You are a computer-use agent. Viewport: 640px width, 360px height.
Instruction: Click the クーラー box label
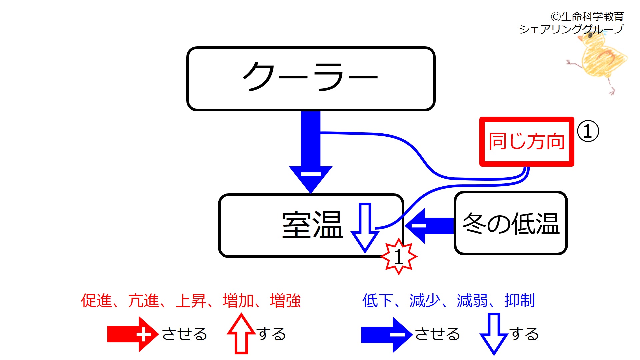tap(311, 78)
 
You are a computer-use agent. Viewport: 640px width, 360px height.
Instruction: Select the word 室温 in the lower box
tap(312, 225)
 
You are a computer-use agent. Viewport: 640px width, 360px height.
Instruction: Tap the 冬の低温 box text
tap(511, 224)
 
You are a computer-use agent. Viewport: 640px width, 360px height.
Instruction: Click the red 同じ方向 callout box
tap(526, 141)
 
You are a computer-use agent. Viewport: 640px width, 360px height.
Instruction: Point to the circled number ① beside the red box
tap(588, 131)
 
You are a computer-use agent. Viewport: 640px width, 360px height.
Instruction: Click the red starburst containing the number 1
tap(399, 257)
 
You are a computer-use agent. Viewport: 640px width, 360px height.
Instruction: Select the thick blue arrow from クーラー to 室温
tap(311, 150)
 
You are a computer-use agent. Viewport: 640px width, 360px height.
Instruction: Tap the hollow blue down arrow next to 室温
tap(365, 227)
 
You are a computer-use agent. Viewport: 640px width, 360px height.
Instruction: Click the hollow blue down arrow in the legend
tap(494, 333)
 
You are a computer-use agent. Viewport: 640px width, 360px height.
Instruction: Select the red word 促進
tap(96, 301)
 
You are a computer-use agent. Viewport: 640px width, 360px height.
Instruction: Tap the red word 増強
tap(285, 301)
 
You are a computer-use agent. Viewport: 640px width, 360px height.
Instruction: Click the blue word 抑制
tap(519, 301)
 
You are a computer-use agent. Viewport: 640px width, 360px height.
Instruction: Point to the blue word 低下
tap(377, 301)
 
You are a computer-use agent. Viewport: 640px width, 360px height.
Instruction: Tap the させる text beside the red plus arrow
tap(184, 334)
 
